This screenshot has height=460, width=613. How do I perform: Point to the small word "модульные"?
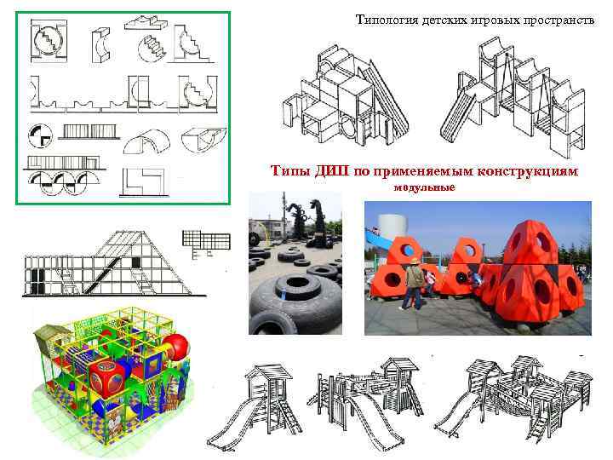click(x=425, y=187)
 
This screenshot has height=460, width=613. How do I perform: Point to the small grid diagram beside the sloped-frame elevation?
click(x=205, y=241)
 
